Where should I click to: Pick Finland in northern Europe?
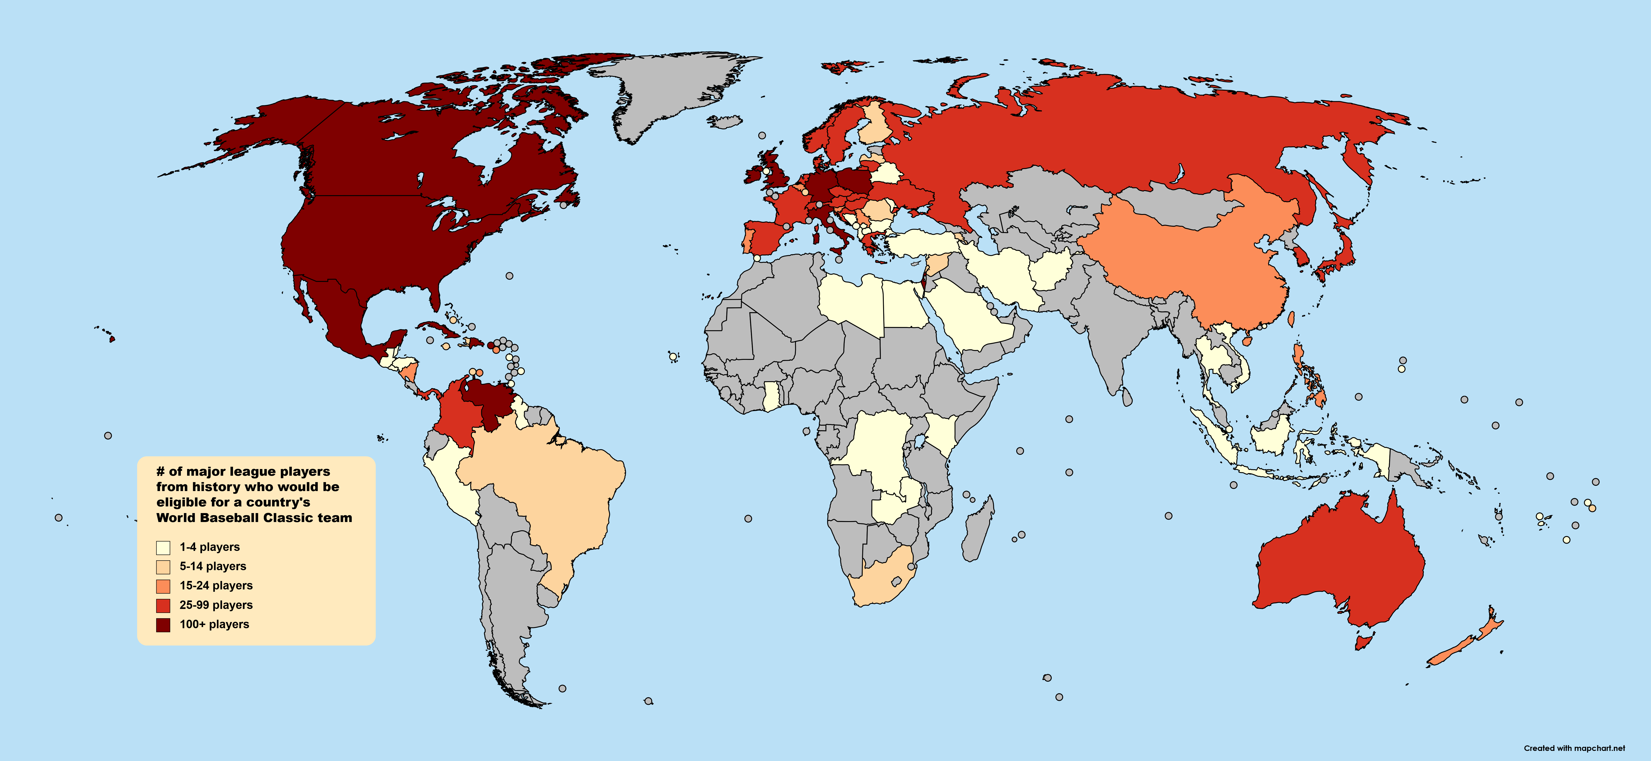tap(875, 125)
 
